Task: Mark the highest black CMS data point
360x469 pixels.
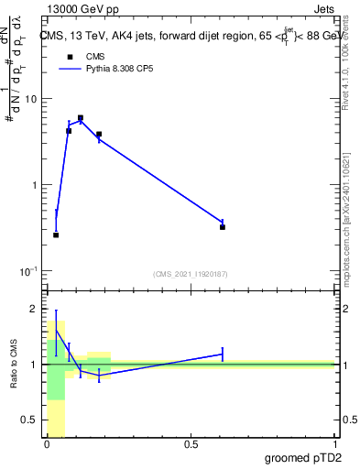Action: click(81, 118)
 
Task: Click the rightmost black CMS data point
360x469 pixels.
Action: click(223, 226)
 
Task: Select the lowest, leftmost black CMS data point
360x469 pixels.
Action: click(56, 235)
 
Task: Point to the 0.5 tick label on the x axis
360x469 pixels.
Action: click(191, 444)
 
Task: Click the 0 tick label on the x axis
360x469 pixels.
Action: click(47, 444)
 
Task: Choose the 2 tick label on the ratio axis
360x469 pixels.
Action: click(33, 309)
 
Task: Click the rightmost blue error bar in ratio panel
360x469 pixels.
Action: click(223, 354)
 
